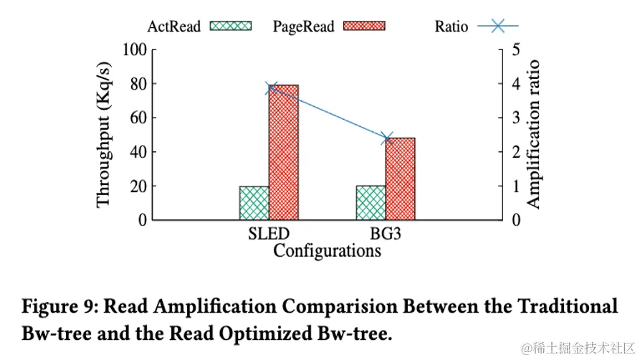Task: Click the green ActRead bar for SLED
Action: (254, 203)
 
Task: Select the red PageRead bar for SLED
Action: (283, 152)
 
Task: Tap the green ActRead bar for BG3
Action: (371, 202)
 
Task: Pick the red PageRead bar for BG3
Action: (400, 179)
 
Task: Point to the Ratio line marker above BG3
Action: (388, 138)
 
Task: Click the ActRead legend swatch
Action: (231, 27)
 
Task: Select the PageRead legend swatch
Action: (365, 27)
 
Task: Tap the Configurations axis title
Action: (327, 251)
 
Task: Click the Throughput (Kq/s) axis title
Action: (104, 135)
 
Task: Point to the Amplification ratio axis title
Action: (533, 135)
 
